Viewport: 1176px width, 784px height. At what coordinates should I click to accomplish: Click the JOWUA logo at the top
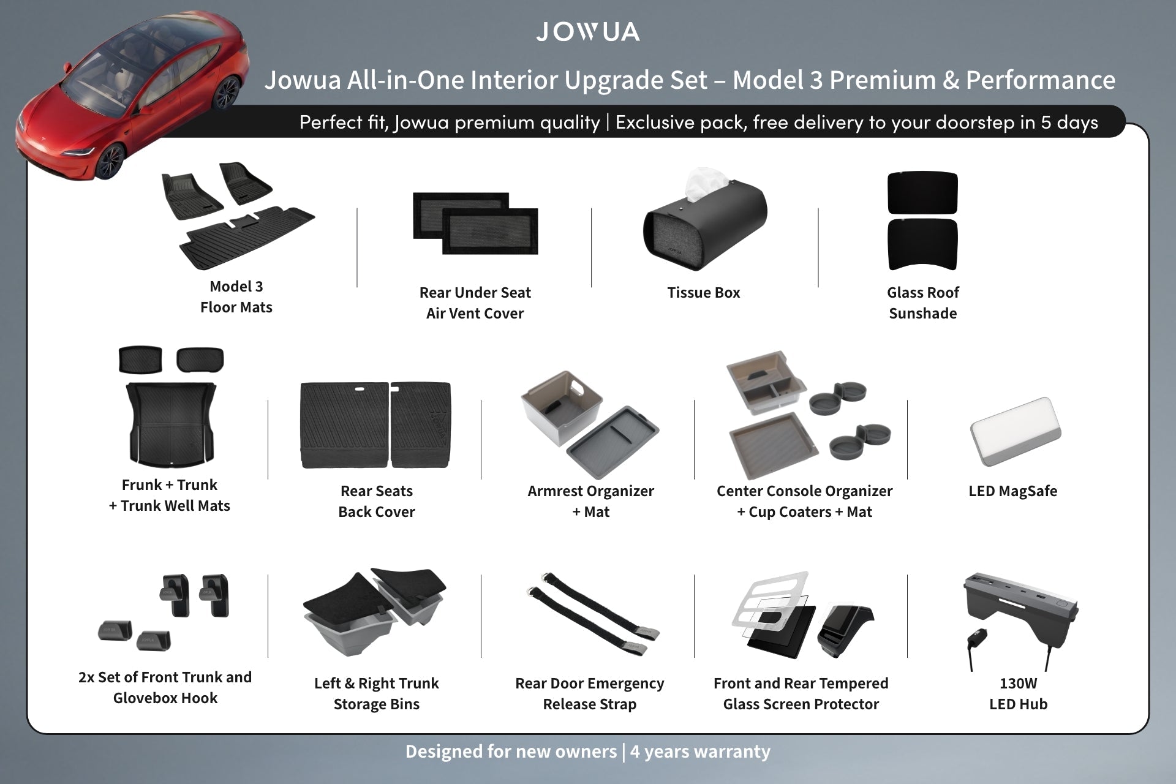pyautogui.click(x=588, y=32)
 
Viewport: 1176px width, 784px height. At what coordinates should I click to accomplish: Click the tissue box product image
pyautogui.click(x=704, y=221)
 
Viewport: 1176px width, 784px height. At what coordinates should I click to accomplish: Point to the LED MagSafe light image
pyautogui.click(x=1016, y=434)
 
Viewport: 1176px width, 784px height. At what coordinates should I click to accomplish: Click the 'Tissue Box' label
pyautogui.click(x=704, y=293)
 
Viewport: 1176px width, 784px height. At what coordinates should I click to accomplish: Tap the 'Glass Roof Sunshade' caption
pyautogui.click(x=923, y=303)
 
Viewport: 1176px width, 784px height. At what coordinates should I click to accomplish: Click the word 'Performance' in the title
pyautogui.click(x=1041, y=80)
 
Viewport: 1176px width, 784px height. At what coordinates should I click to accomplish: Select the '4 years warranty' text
pyautogui.click(x=700, y=752)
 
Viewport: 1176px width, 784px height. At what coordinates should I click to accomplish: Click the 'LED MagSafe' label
pyautogui.click(x=1013, y=491)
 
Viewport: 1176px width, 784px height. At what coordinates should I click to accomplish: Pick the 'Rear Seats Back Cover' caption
pyautogui.click(x=377, y=502)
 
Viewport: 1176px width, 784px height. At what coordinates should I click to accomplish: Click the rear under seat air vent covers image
pyautogui.click(x=475, y=223)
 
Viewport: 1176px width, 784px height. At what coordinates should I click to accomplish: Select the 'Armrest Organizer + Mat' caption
pyautogui.click(x=590, y=502)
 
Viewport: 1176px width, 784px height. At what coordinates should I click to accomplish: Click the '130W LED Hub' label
pyautogui.click(x=1019, y=694)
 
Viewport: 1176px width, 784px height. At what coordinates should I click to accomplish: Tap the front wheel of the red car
pyautogui.click(x=109, y=160)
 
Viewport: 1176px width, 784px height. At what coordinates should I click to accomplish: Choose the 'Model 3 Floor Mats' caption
pyautogui.click(x=236, y=297)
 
